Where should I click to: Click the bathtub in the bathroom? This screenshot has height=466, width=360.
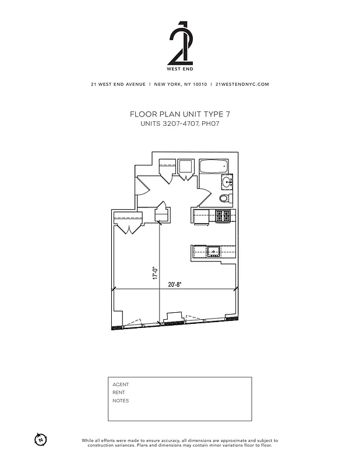(212, 167)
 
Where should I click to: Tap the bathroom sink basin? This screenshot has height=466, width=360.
(227, 183)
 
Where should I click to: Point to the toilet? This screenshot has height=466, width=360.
(224, 199)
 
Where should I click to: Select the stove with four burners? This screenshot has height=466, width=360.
(223, 216)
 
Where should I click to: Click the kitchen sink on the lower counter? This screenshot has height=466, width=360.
(214, 252)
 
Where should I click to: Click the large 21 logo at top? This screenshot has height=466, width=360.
(179, 43)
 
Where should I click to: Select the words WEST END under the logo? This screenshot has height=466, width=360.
(179, 69)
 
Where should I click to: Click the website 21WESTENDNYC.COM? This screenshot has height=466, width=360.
(242, 84)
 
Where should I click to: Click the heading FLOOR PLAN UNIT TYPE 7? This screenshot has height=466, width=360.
(179, 115)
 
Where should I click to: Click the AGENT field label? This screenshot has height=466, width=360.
(121, 384)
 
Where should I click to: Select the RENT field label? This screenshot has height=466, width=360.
(119, 393)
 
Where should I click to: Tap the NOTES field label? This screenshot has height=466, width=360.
(121, 401)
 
